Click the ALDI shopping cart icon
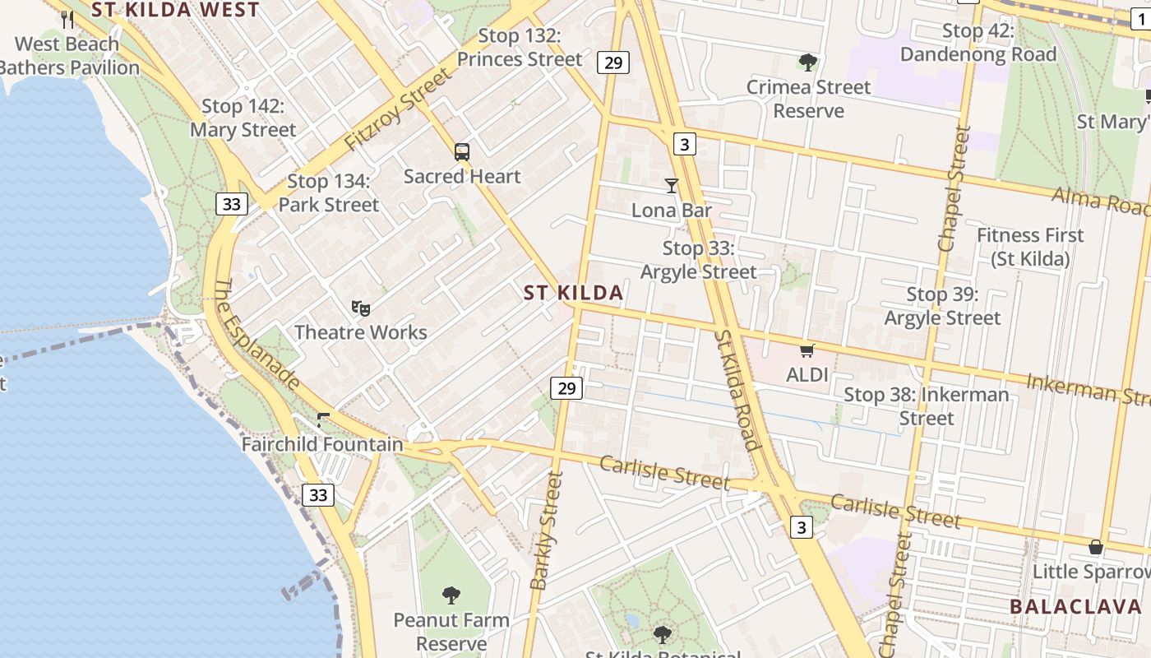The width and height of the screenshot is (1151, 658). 807,351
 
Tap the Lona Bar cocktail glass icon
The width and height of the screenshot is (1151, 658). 672,186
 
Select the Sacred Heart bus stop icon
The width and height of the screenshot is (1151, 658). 462,151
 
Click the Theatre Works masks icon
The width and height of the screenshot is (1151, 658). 360,308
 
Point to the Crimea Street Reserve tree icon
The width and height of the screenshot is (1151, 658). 808,62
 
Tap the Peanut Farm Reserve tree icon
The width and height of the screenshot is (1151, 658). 451,595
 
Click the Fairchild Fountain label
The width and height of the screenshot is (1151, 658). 322,444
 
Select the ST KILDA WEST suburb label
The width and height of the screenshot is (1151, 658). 175,10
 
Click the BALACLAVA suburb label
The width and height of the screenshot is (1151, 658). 1075,607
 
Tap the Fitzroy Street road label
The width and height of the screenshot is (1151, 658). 398,109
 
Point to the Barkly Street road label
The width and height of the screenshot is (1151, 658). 547,531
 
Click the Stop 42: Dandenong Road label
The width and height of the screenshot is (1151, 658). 978,43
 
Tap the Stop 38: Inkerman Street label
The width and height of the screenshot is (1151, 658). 927,406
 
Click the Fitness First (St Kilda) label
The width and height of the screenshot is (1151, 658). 1030,247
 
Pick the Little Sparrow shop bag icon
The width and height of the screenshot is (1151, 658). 1095,547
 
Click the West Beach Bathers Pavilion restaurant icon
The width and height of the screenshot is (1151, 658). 67,18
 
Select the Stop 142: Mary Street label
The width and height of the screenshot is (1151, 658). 243,118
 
